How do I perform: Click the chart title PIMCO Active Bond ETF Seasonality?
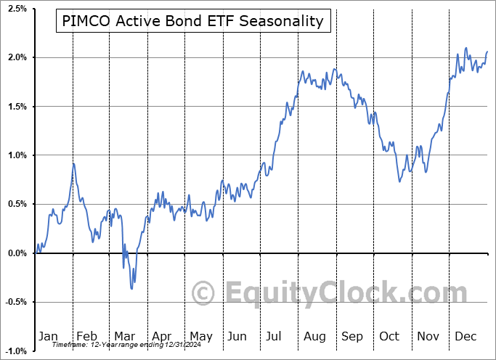click(x=192, y=21)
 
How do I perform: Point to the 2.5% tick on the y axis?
click(x=17, y=9)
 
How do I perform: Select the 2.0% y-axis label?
click(x=17, y=57)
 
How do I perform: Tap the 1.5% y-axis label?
click(x=17, y=107)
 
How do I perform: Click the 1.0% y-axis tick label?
click(x=17, y=155)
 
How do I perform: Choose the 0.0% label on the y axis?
click(x=17, y=253)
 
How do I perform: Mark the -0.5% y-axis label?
click(x=15, y=303)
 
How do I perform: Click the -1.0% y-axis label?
click(x=15, y=351)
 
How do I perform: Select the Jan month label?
click(x=48, y=336)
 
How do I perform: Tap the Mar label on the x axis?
click(x=124, y=336)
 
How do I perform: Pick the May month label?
click(x=200, y=336)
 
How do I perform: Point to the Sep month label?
click(x=352, y=336)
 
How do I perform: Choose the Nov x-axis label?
click(x=428, y=336)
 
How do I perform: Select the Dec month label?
click(x=465, y=336)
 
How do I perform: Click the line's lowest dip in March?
click(x=131, y=289)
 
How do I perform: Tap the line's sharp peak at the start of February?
click(x=73, y=163)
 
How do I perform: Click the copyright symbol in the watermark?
click(x=203, y=294)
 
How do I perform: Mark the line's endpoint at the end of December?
click(x=487, y=52)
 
